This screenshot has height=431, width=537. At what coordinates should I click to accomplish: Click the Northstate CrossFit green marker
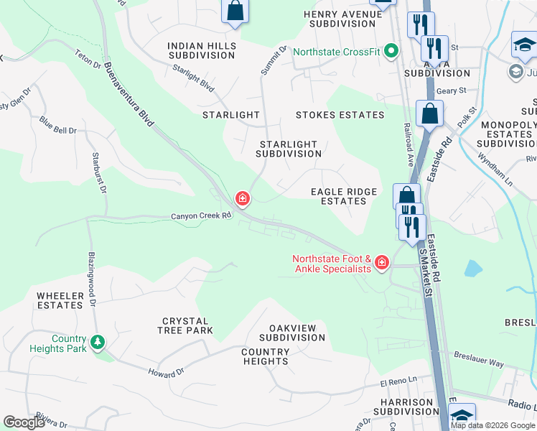coord(391,52)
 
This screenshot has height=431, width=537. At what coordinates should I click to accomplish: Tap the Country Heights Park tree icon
coord(98,343)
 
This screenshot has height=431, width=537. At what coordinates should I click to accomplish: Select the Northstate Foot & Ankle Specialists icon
coord(381,263)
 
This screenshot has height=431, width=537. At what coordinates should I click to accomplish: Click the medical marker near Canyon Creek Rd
coord(243,198)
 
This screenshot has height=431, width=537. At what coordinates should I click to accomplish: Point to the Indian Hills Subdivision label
coord(202,50)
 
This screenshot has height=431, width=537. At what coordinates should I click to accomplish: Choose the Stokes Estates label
coord(340,115)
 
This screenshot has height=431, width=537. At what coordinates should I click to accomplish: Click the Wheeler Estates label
coord(60,300)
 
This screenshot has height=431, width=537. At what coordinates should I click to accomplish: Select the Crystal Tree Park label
coord(185,325)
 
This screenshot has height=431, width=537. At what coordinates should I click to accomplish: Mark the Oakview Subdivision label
coord(292,333)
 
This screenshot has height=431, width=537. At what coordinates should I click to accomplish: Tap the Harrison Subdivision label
coord(402,407)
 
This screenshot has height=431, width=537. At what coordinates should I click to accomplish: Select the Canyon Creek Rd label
coord(201,215)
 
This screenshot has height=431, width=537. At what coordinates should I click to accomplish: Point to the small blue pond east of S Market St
coord(472,269)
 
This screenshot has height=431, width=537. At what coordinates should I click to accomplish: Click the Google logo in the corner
coord(24,422)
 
